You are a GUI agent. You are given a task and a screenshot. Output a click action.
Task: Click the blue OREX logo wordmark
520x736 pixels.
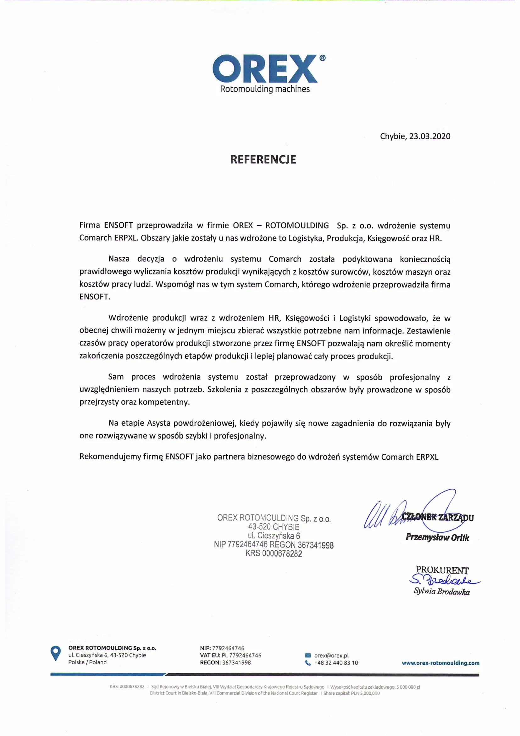(x=264, y=69)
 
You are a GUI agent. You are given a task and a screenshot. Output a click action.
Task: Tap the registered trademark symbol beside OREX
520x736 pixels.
(x=323, y=58)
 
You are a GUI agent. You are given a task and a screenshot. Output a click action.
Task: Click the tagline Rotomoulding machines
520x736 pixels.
(x=265, y=89)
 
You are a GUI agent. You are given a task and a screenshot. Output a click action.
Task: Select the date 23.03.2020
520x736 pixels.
(x=430, y=136)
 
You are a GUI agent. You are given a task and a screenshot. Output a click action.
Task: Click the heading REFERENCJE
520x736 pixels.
(x=263, y=159)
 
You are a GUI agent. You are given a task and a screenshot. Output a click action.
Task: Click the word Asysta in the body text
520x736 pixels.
(x=159, y=423)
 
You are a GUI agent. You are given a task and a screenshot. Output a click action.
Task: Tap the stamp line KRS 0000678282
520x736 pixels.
(x=274, y=553)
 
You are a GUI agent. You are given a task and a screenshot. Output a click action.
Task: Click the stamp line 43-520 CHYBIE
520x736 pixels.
(x=274, y=527)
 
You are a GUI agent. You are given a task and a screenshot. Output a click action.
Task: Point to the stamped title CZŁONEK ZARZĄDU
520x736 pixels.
(x=437, y=517)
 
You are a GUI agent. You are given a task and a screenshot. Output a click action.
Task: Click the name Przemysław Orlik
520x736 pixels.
(x=437, y=537)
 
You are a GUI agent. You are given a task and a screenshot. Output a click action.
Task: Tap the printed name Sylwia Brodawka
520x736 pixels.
(x=441, y=592)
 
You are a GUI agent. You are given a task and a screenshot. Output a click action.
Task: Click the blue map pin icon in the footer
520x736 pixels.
(x=56, y=653)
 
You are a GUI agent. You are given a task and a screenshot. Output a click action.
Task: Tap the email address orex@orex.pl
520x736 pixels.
(x=331, y=655)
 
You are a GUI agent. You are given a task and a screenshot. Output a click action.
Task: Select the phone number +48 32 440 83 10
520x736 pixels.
(x=336, y=663)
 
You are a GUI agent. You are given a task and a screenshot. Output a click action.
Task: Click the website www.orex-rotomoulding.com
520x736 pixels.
(x=440, y=663)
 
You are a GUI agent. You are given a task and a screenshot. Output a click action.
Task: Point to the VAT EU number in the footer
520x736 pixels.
(x=241, y=655)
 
